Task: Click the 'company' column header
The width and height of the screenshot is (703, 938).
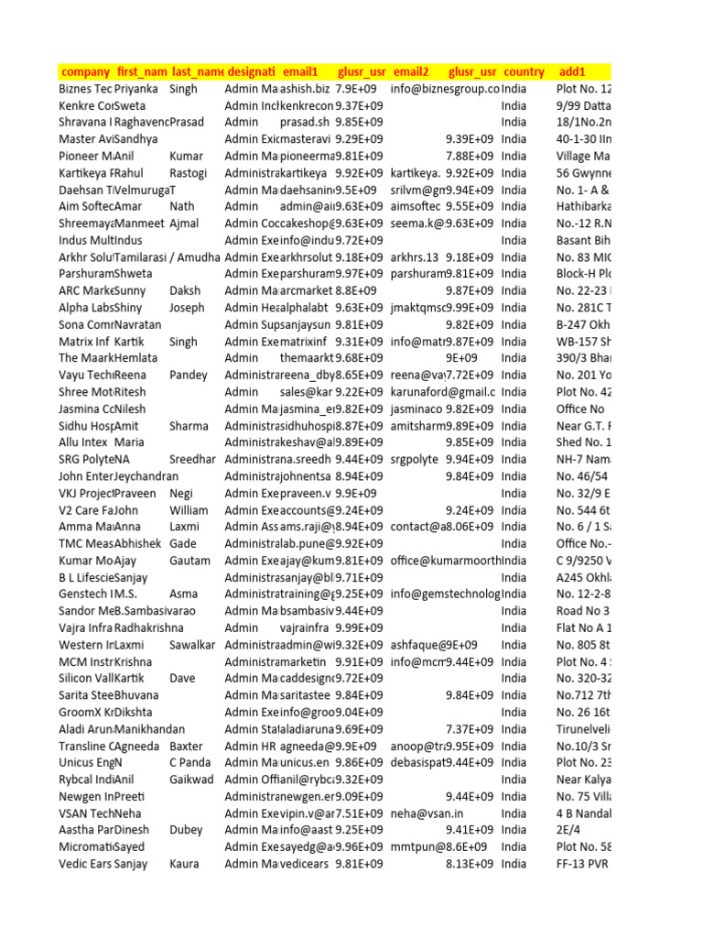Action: click(84, 71)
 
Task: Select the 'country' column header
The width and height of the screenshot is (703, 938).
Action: click(525, 71)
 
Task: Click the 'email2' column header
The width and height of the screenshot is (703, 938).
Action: click(411, 71)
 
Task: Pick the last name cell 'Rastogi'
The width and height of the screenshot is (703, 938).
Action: click(190, 172)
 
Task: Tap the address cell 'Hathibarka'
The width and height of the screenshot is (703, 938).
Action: click(583, 206)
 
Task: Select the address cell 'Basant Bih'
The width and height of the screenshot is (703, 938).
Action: click(582, 240)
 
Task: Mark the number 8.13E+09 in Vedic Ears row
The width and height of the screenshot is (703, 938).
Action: click(469, 864)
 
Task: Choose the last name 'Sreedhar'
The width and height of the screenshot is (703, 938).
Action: click(193, 459)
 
